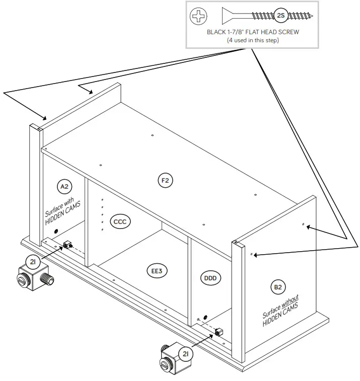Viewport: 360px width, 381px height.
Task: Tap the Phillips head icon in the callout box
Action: point(198,16)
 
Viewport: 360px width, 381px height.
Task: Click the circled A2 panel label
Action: point(64,187)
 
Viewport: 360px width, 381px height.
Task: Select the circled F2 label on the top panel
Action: point(165,180)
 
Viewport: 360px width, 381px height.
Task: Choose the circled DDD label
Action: point(210,277)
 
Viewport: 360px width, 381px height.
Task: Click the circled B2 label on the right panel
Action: point(278,287)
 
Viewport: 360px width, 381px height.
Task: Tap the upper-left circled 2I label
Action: point(33,262)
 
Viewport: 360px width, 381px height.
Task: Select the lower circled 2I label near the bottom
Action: point(185,355)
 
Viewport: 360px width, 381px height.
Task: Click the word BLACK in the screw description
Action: point(217,32)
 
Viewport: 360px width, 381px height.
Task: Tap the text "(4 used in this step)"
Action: point(253,40)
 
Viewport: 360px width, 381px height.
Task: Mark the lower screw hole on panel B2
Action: point(251,255)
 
